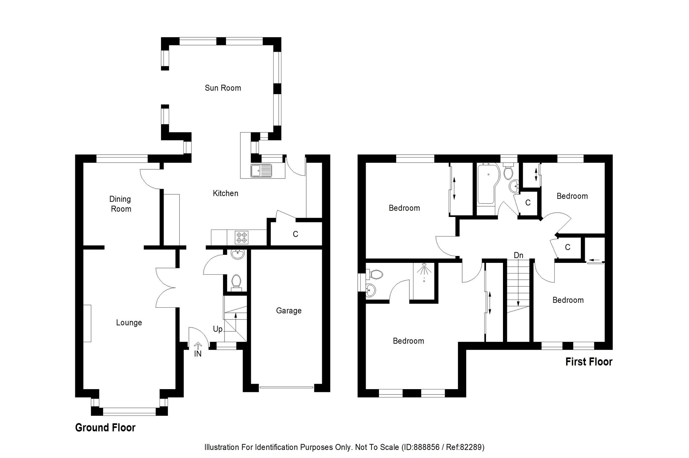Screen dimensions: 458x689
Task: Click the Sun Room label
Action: coord(223,88)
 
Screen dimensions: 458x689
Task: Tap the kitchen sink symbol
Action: coord(261,170)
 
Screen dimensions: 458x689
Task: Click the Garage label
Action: coord(289,310)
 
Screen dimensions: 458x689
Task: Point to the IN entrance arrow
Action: coord(198,346)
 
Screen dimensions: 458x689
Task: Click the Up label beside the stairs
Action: coord(217,329)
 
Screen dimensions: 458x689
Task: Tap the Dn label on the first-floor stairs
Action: coord(518,255)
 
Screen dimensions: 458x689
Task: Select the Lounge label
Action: coord(129,323)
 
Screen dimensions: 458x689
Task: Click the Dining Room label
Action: coord(120,204)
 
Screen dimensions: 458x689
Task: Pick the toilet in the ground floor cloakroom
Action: coord(235,282)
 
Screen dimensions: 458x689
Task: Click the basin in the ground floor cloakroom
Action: coord(237,254)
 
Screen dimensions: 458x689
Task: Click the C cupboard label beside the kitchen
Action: coord(295,234)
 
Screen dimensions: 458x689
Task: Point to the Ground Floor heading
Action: coord(105,428)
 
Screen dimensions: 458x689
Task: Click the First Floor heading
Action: coord(589,362)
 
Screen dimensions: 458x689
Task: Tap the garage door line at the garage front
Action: coord(286,387)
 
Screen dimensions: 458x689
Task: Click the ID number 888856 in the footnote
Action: coord(426,447)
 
